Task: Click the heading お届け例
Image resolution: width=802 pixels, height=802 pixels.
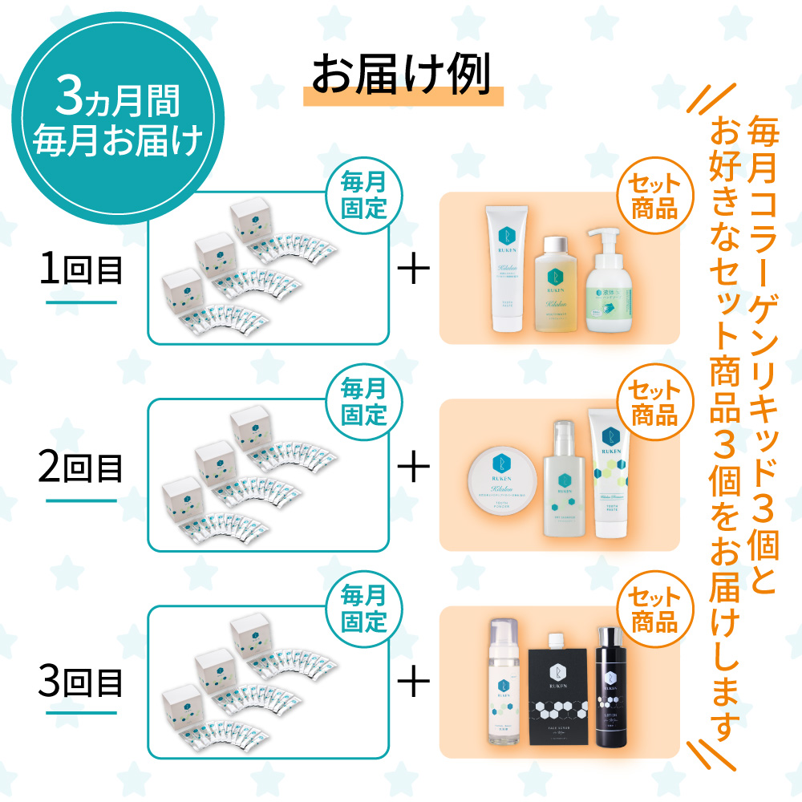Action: point(401,76)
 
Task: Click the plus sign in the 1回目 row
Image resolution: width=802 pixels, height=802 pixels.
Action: point(414,270)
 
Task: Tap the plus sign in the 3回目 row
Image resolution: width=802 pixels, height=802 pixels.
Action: point(414,683)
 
